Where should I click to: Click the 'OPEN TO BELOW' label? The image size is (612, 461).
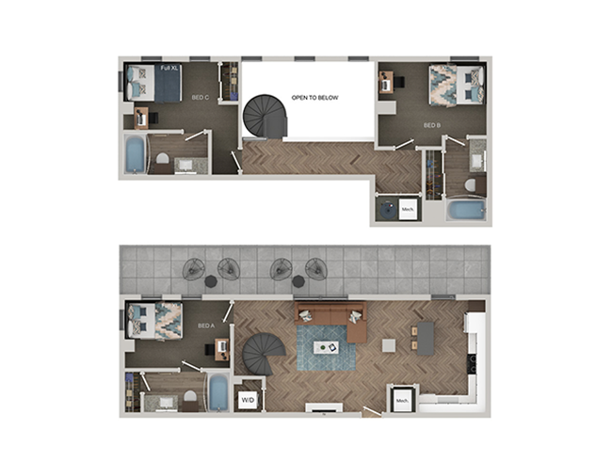point(314,97)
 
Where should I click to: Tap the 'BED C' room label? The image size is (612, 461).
point(201,96)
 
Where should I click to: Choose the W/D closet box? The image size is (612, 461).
point(249,398)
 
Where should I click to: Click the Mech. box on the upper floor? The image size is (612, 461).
point(409,209)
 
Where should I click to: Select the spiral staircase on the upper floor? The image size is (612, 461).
point(264,117)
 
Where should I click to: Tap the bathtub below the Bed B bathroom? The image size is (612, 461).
point(465,209)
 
